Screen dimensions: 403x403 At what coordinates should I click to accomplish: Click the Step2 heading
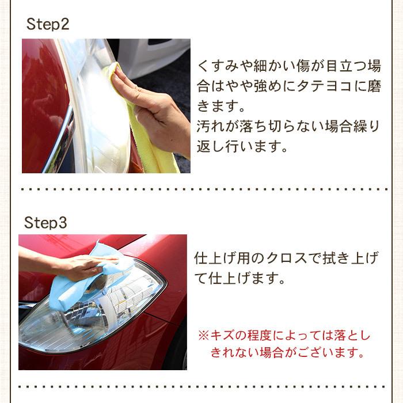click(x=48, y=25)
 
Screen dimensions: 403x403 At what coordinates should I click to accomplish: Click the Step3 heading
click(x=45, y=223)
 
